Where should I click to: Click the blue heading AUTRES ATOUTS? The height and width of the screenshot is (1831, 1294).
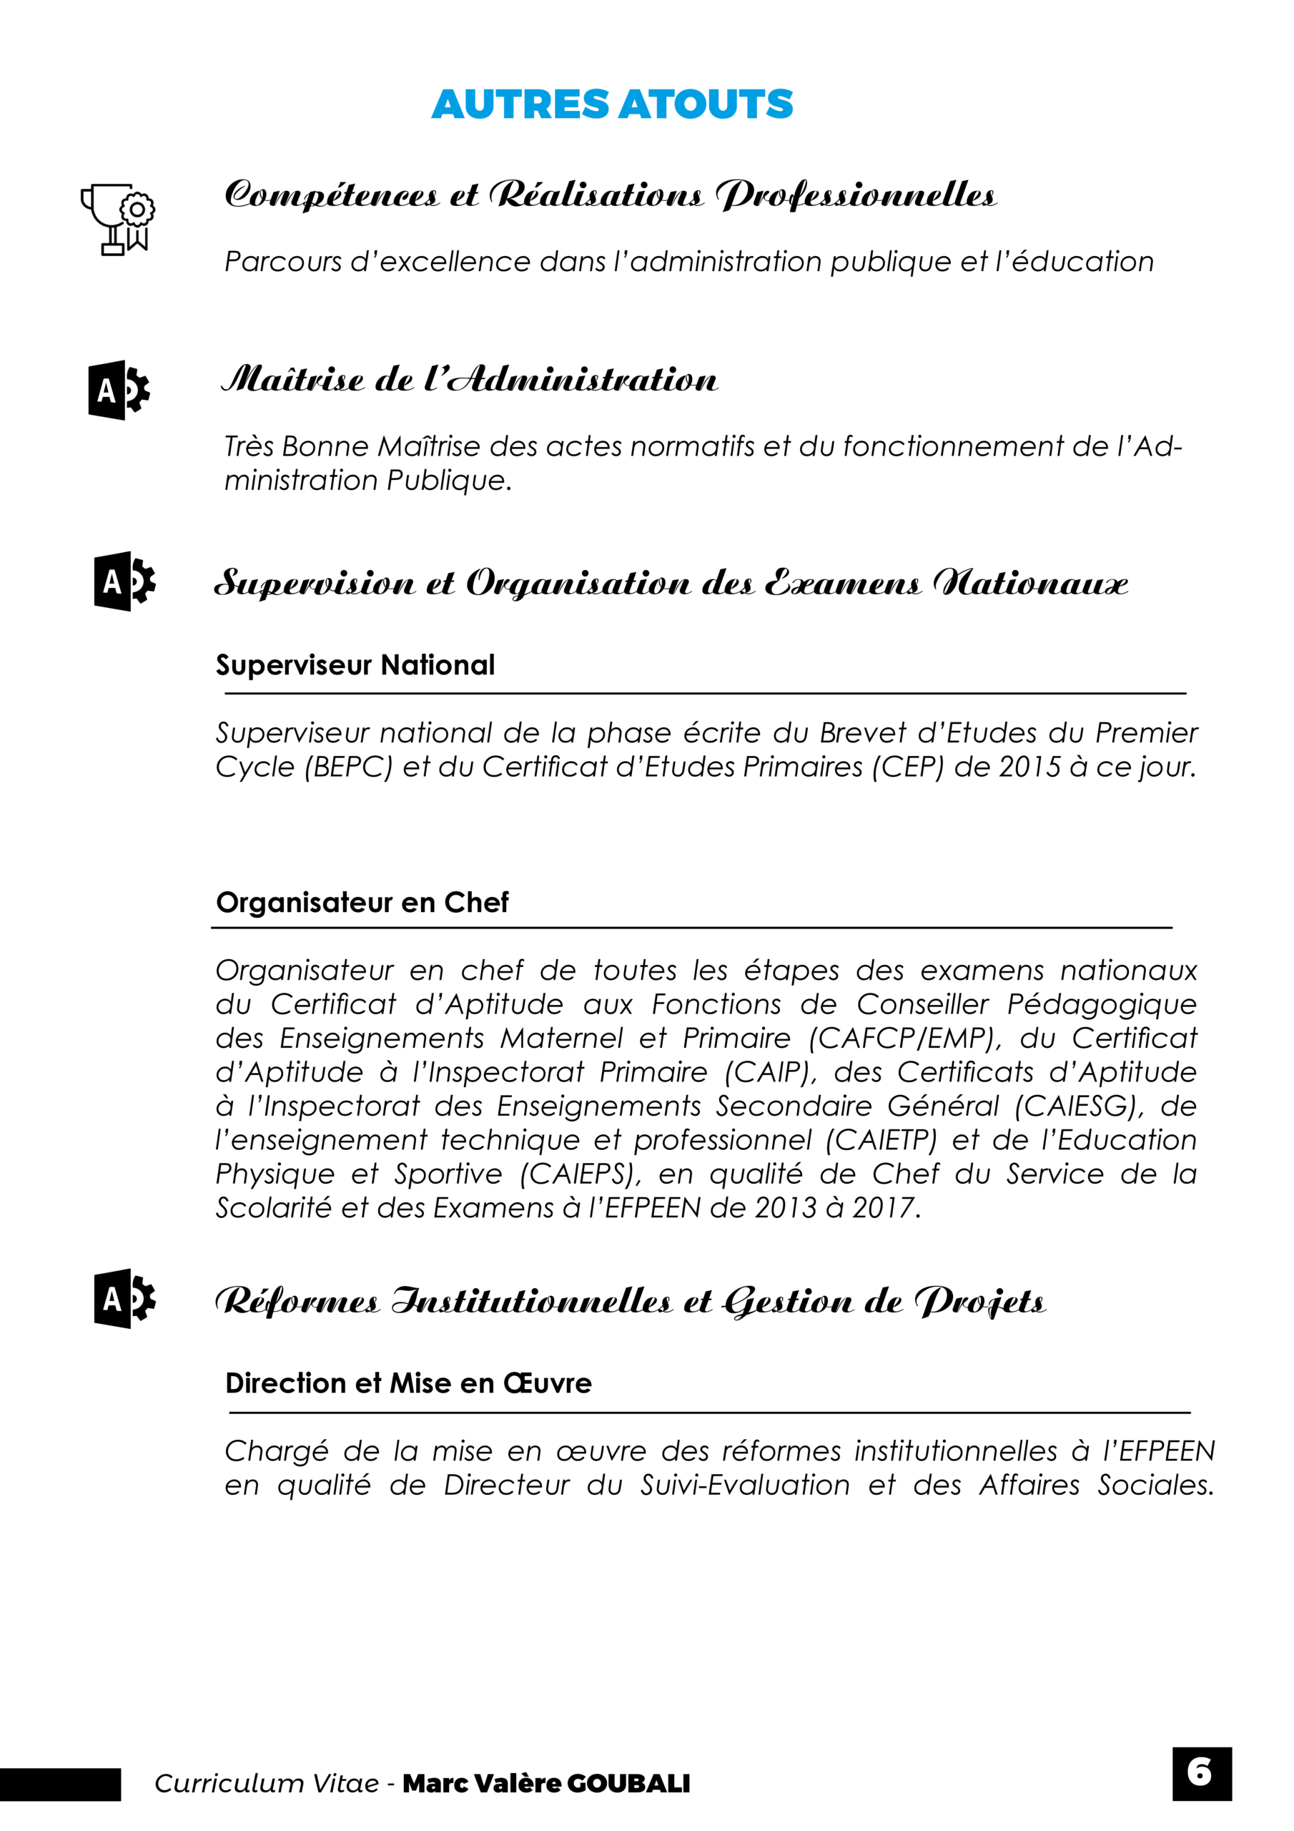[x=611, y=104]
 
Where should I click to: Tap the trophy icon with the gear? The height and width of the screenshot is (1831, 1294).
[x=118, y=220]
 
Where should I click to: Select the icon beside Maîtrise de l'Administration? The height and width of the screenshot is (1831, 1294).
[x=119, y=390]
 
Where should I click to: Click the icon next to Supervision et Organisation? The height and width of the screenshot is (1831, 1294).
[x=124, y=581]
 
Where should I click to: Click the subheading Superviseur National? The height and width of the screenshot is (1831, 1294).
[x=355, y=665]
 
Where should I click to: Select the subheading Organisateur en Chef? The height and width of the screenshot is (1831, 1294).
[x=362, y=903]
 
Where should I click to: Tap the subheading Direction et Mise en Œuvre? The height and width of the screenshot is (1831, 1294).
[x=408, y=1383]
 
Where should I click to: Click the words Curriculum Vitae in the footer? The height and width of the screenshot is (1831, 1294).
[x=266, y=1784]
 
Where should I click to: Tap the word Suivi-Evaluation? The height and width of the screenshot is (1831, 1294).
[x=746, y=1485]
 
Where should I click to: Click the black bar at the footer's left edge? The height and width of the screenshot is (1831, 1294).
[x=60, y=1785]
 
